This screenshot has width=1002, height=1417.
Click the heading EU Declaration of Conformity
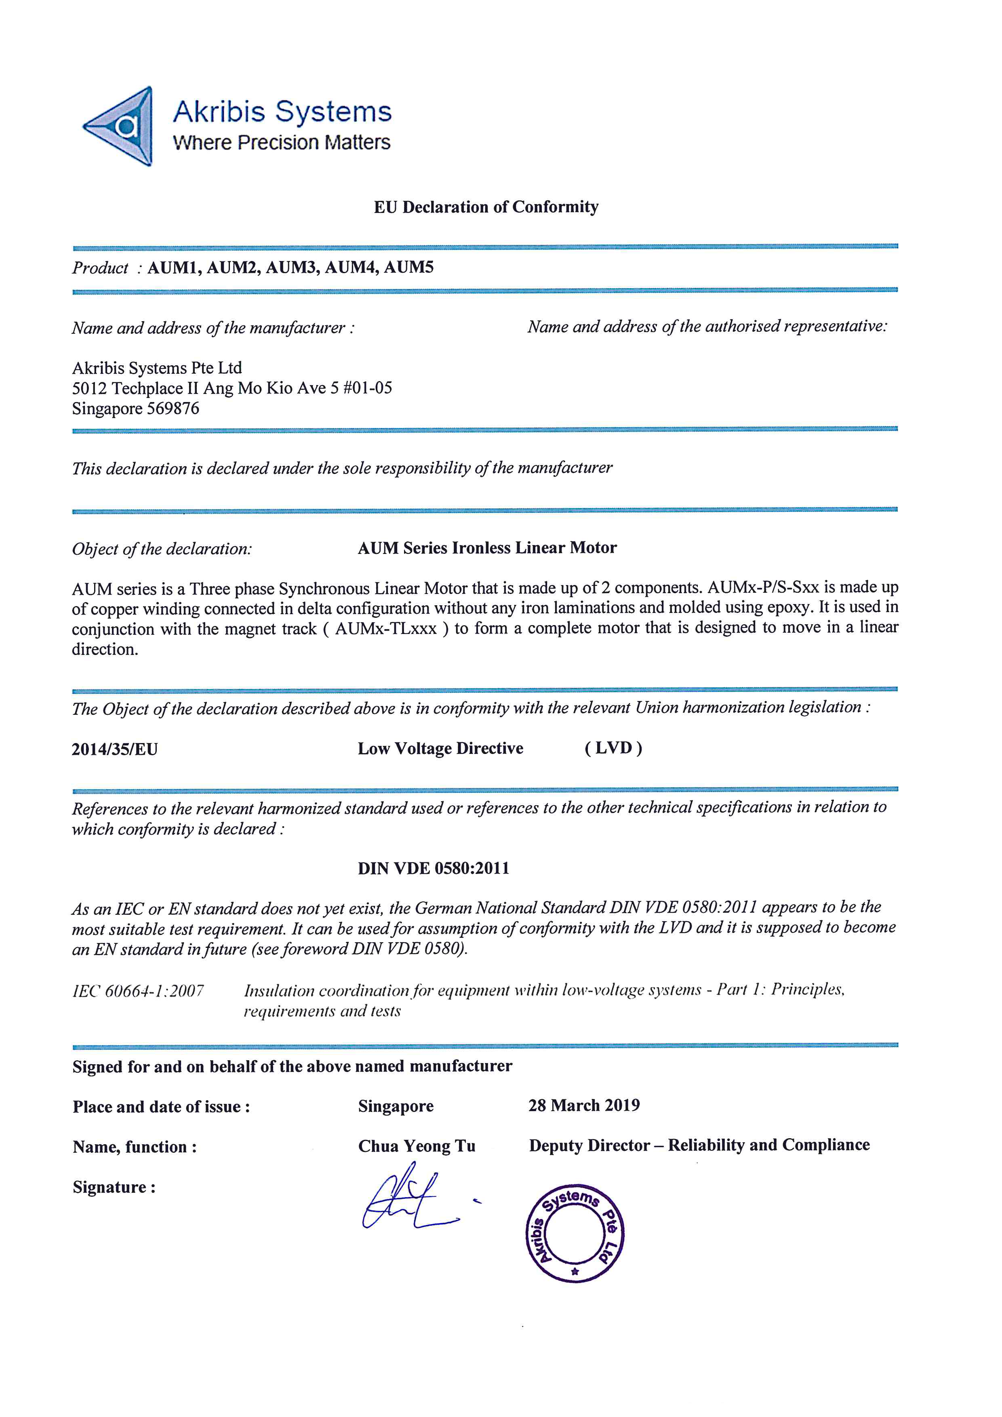tap(486, 207)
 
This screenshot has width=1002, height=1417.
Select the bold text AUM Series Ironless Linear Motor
tap(487, 548)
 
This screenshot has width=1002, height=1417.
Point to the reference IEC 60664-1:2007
tap(138, 991)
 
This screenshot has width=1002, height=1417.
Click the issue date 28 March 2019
tap(584, 1105)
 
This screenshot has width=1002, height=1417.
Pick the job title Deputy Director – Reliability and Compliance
tap(699, 1145)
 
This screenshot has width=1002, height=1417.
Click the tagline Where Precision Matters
tap(281, 143)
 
